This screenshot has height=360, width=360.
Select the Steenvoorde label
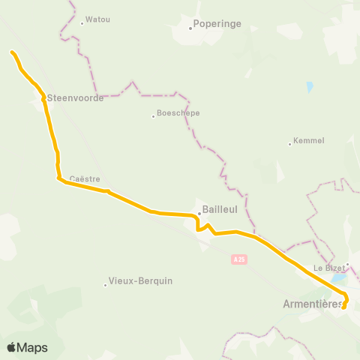coord(75,98)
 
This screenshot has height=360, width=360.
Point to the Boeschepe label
coord(179,114)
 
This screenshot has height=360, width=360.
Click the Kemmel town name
coord(309,140)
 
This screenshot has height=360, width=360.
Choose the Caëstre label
coord(84,178)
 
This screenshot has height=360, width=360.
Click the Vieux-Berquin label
coord(140,281)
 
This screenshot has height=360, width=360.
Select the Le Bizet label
coord(328,267)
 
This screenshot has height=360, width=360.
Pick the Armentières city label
coord(313,304)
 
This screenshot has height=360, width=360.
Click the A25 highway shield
coord(238,259)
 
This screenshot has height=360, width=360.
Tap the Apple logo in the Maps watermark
coord(11,347)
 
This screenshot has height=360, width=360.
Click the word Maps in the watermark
coord(32,347)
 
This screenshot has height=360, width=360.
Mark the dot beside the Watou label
coord(82,22)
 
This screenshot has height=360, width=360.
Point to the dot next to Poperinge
coord(190,28)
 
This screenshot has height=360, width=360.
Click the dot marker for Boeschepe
coord(153,115)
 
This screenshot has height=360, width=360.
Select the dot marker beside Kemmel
coord(290,143)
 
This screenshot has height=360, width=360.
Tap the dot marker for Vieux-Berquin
coord(105,283)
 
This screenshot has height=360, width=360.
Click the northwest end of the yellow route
coord(12,52)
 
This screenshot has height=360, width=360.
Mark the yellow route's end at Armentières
coord(343,307)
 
